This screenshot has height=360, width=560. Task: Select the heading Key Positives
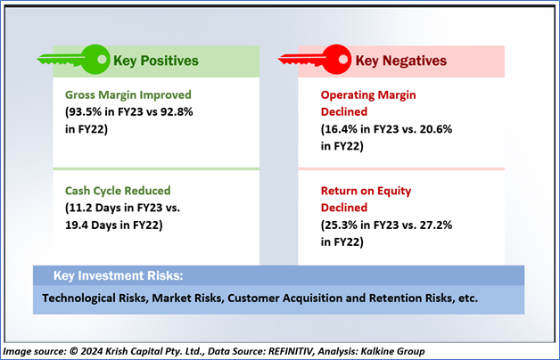(x=155, y=61)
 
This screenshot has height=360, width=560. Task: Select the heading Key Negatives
(x=400, y=61)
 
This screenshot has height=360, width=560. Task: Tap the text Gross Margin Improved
(x=128, y=94)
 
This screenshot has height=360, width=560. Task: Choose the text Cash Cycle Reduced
(x=119, y=190)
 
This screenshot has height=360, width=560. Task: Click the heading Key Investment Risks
(x=107, y=274)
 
